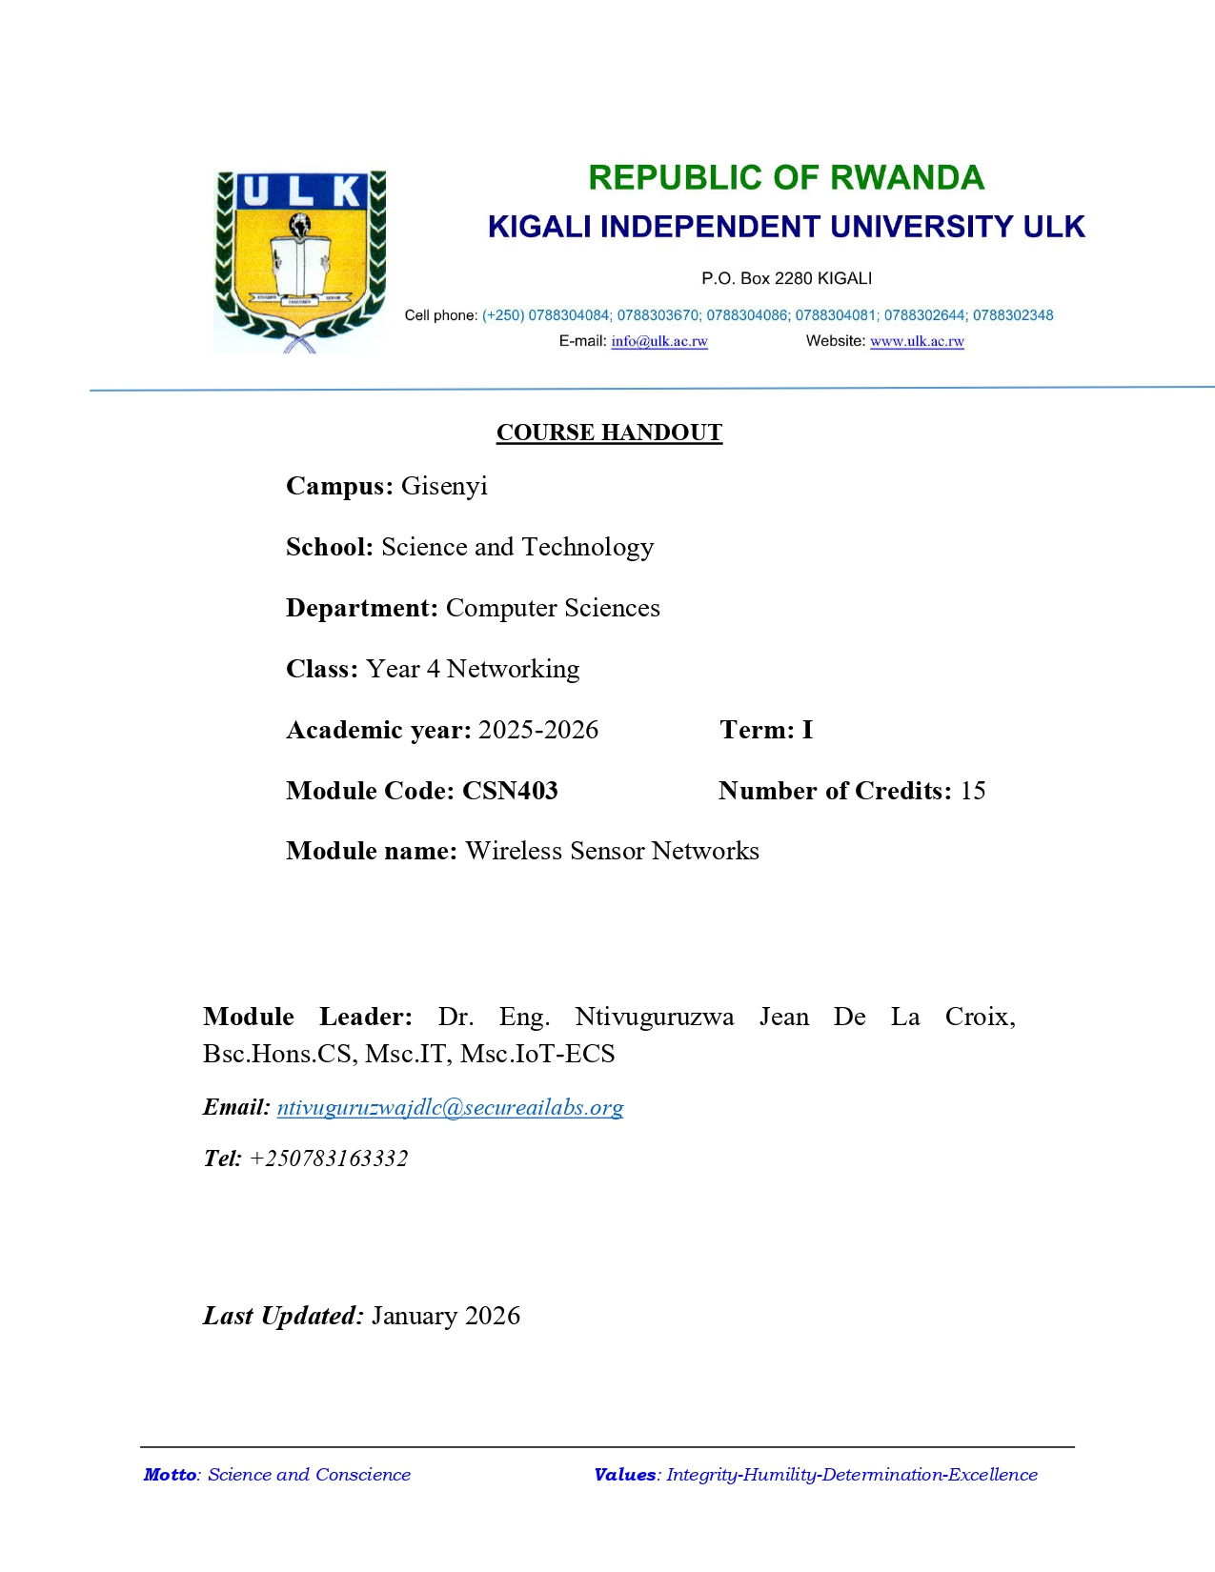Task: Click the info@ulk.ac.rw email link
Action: click(659, 341)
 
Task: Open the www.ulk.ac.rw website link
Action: click(917, 341)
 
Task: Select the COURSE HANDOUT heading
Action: click(609, 433)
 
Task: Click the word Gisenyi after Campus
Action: click(444, 486)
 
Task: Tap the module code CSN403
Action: click(510, 791)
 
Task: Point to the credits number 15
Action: click(973, 791)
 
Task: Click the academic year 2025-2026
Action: click(538, 730)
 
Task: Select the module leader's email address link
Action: click(450, 1107)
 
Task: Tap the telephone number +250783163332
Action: click(329, 1159)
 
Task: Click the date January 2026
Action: click(446, 1316)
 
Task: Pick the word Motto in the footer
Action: click(170, 1475)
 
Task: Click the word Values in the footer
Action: click(625, 1475)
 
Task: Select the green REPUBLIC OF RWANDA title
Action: click(785, 178)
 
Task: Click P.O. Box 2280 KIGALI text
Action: click(786, 278)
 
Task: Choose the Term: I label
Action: click(766, 730)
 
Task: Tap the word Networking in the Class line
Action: click(513, 669)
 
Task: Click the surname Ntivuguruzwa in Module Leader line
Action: click(655, 1017)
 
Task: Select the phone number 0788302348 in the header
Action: click(1013, 315)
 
